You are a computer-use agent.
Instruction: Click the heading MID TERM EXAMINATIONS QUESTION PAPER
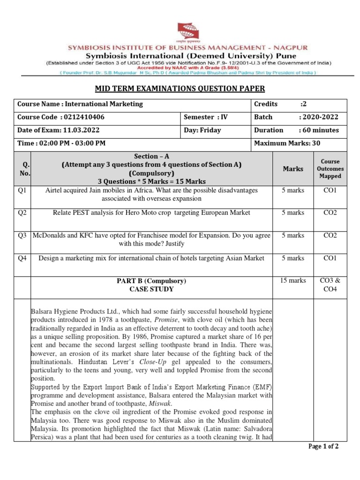[x=180, y=89]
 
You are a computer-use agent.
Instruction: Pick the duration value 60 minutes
[x=319, y=130]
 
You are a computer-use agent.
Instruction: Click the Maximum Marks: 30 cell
[x=287, y=143]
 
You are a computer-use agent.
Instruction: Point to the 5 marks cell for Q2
[x=292, y=213]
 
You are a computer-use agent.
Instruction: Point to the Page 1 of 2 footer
[x=323, y=447]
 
